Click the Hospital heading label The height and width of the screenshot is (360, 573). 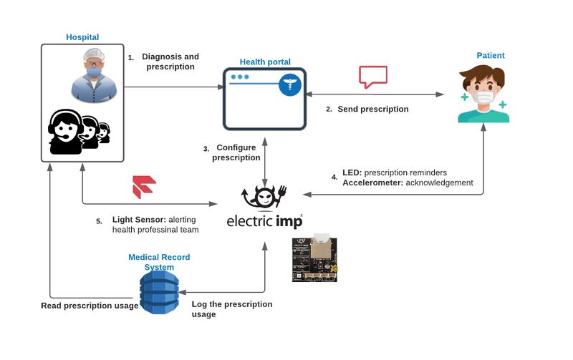pyautogui.click(x=82, y=37)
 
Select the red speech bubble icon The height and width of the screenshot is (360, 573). pyautogui.click(x=373, y=77)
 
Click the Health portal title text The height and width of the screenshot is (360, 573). pyautogui.click(x=265, y=62)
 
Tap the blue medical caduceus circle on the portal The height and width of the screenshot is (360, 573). pyautogui.click(x=291, y=86)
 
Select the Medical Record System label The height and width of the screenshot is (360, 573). pyautogui.click(x=159, y=262)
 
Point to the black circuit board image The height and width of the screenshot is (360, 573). pyautogui.click(x=314, y=259)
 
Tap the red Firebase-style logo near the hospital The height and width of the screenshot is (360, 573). pyautogui.click(x=144, y=187)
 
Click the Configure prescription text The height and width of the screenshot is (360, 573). pyautogui.click(x=236, y=152)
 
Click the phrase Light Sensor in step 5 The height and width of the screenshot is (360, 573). pyautogui.click(x=139, y=219)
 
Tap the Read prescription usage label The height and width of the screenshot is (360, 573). pyautogui.click(x=90, y=306)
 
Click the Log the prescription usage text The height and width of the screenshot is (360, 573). pyautogui.click(x=232, y=308)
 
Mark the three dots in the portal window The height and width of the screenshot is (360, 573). pyautogui.click(x=240, y=77)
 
